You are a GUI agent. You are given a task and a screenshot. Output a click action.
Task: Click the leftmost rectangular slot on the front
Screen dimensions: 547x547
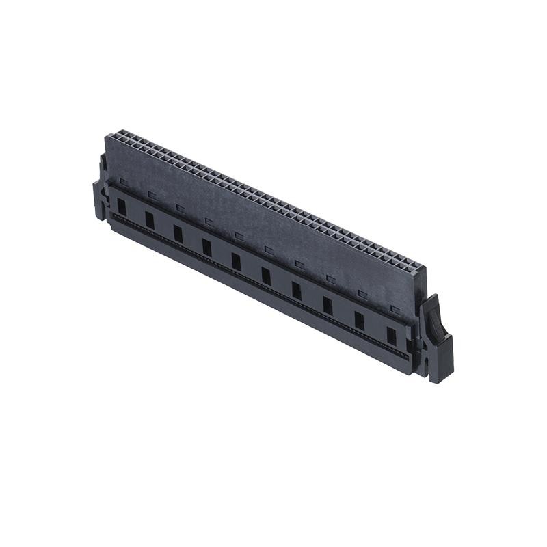(122, 206)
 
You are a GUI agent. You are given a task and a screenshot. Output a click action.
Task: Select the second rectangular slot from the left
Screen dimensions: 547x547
(149, 219)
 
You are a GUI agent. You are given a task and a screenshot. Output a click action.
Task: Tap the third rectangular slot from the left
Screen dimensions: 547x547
(178, 233)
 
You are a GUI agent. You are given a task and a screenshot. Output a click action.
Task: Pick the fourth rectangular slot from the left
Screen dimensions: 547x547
(206, 247)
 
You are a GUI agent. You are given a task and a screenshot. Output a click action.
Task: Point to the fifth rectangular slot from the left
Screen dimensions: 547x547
(236, 261)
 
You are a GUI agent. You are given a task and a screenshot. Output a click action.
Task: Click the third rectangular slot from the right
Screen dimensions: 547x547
(328, 305)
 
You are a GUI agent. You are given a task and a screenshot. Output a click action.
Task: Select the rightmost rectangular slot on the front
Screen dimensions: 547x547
(391, 336)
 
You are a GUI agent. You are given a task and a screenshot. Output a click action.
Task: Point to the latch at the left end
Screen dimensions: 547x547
(99, 198)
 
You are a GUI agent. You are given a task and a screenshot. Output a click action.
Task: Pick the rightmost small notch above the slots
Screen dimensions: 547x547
(394, 308)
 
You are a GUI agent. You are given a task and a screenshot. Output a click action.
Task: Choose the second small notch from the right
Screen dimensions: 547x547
(362, 294)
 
